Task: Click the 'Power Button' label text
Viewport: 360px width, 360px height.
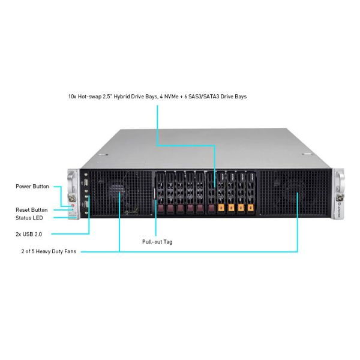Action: coord(32,187)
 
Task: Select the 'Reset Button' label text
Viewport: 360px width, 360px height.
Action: coord(32,210)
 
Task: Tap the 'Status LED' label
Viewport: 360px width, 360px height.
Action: coord(29,218)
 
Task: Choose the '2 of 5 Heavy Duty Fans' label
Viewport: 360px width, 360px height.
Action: coord(48,251)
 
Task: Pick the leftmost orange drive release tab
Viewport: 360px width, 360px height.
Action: coord(221,208)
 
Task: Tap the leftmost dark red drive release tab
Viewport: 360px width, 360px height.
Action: coord(160,209)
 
